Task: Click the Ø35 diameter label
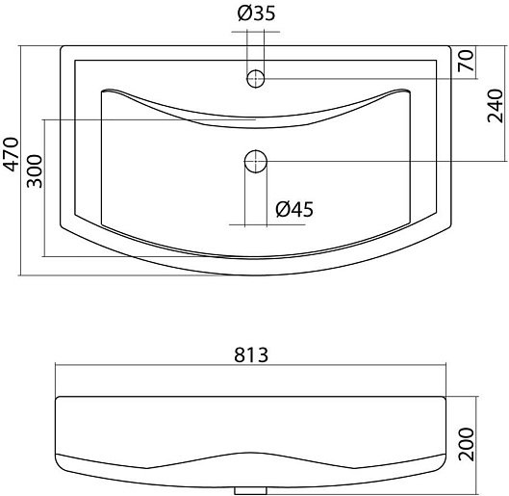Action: (x=256, y=13)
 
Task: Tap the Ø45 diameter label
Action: (x=294, y=209)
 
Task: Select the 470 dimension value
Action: (x=11, y=154)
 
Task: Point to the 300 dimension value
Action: (x=35, y=171)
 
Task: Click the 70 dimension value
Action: (x=466, y=61)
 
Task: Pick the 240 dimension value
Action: (x=495, y=105)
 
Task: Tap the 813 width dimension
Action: (x=251, y=354)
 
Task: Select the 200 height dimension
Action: (x=466, y=444)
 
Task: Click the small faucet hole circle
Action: (x=256, y=78)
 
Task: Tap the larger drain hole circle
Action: (x=256, y=161)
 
